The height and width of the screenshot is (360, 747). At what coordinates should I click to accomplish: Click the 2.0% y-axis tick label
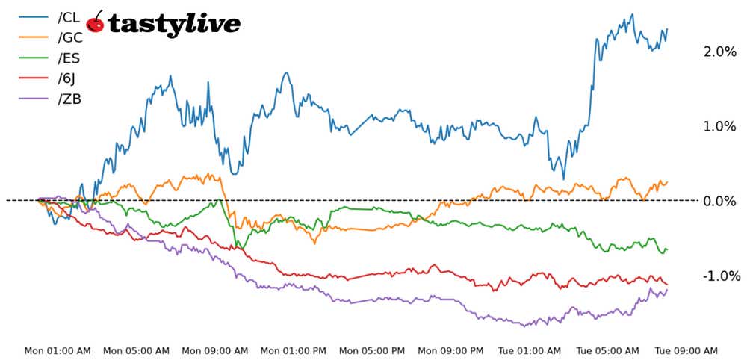click(719, 52)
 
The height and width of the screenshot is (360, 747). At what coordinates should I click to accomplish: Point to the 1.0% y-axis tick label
click(719, 126)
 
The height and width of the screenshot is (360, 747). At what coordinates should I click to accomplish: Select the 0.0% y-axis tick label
click(719, 201)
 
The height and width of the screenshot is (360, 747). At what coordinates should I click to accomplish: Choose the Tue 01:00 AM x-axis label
click(530, 350)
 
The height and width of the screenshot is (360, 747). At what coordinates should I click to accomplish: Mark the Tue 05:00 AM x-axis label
click(608, 350)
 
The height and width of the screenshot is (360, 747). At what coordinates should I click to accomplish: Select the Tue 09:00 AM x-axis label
click(686, 350)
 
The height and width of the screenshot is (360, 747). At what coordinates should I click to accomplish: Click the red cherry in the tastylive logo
click(96, 25)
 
